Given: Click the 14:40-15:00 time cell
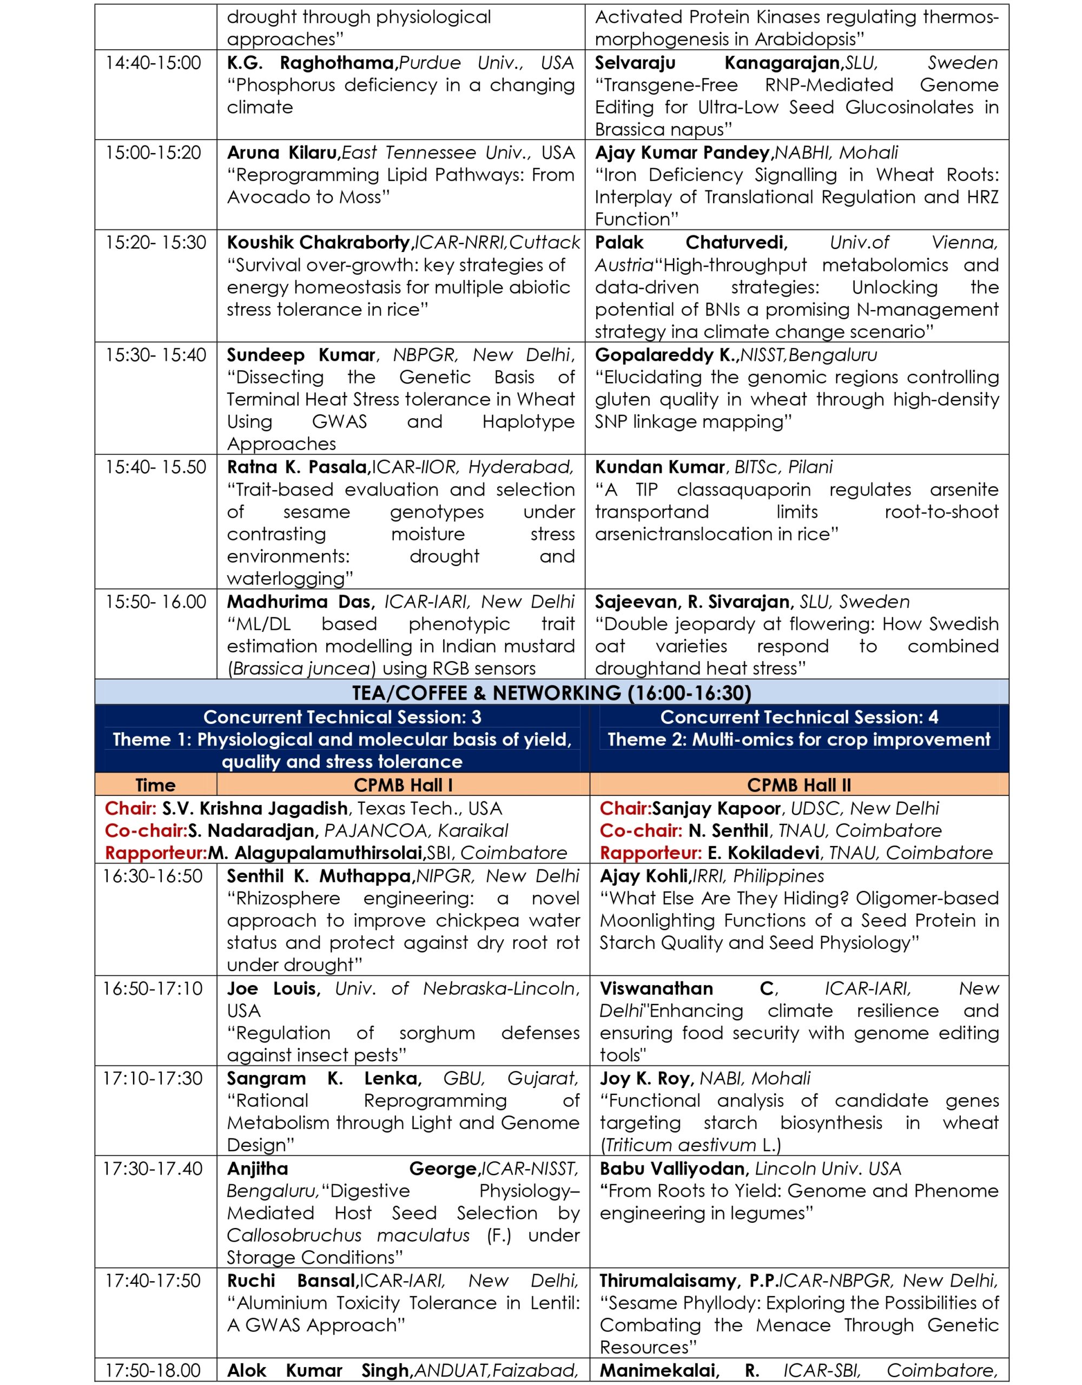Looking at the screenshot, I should [153, 63].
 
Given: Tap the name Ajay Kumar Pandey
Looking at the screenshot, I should [682, 153].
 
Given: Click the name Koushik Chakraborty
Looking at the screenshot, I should [319, 242].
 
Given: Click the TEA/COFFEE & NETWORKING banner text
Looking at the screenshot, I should [551, 692].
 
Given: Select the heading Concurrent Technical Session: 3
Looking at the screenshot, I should [342, 717].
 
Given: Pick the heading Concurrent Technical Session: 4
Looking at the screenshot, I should [799, 717].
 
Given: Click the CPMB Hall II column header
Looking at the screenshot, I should [799, 785].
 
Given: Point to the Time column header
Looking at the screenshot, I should [155, 785].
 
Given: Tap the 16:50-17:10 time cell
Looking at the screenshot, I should [153, 988].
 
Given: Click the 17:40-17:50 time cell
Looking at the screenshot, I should [153, 1281].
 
